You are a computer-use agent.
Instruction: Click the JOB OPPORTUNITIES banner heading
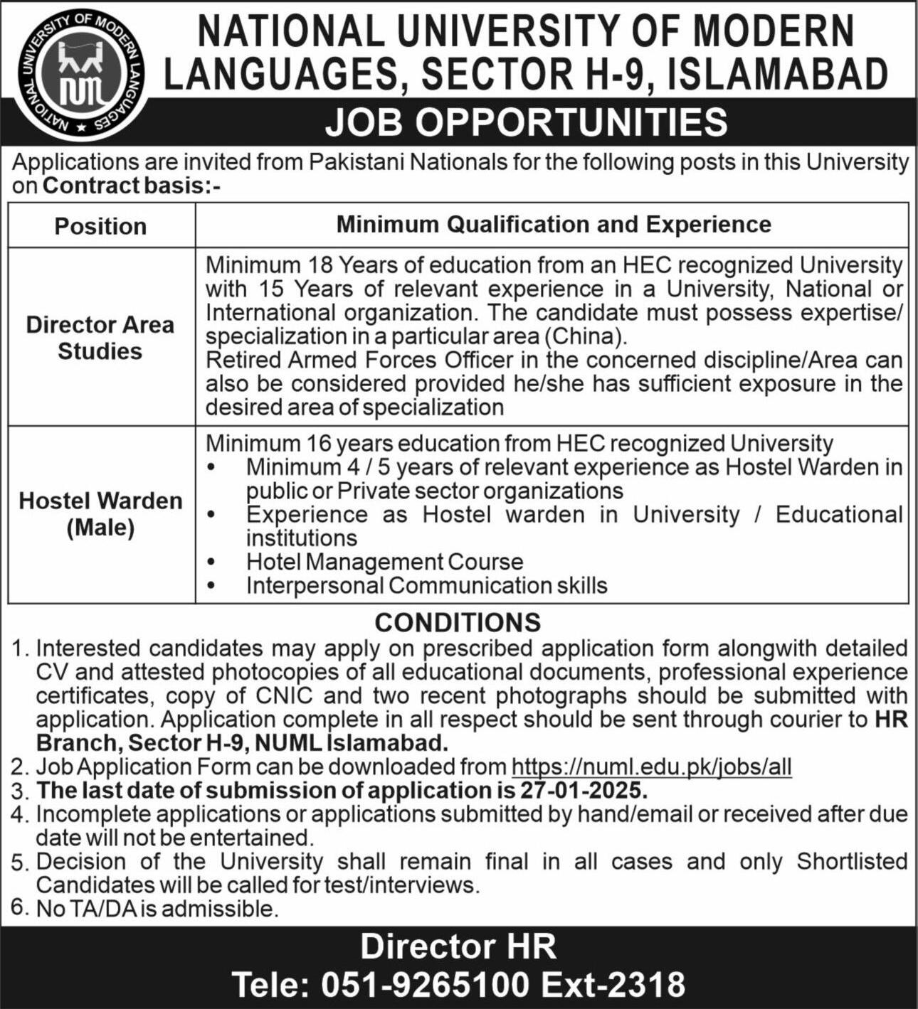[527, 122]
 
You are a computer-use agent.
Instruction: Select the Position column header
[100, 226]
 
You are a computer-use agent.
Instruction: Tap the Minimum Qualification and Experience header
[553, 225]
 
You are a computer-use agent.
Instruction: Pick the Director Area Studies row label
[100, 338]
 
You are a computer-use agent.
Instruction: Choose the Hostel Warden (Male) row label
[100, 514]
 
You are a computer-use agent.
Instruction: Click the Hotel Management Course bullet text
[384, 562]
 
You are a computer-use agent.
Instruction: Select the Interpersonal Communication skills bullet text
[426, 586]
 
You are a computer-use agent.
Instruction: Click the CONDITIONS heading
[458, 622]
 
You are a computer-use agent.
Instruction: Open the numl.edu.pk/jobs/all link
[651, 767]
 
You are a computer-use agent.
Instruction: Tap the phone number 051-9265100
[426, 985]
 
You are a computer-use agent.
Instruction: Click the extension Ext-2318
[613, 985]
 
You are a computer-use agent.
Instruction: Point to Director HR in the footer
[458, 946]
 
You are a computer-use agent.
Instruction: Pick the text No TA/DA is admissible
[156, 909]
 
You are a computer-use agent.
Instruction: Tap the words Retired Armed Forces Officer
[359, 360]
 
